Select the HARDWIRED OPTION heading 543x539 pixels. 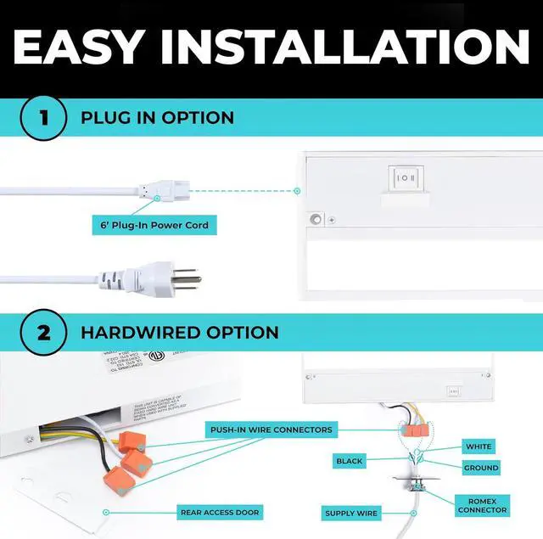(x=180, y=331)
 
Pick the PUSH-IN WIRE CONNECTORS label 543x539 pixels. (x=271, y=430)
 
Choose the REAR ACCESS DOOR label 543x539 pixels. (x=220, y=512)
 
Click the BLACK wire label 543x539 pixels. (x=349, y=461)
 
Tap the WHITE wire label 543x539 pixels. (x=479, y=446)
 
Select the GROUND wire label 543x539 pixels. (x=481, y=468)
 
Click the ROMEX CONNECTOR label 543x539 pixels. (x=481, y=505)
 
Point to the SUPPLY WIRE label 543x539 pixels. (x=350, y=513)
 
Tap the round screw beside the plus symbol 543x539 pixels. (x=316, y=219)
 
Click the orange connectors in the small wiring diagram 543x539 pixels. (x=414, y=430)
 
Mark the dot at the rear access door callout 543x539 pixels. (x=106, y=512)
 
